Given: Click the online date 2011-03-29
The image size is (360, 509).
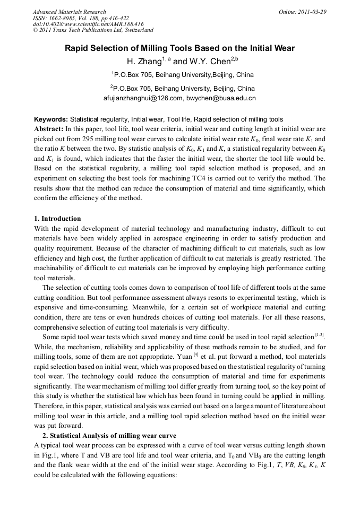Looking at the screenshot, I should coord(310,12).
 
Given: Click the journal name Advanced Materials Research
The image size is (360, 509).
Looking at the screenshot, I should coord(69,12).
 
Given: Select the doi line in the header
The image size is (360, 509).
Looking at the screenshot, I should coord(88,24).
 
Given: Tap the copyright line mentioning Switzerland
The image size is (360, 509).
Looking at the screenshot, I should coord(93,30).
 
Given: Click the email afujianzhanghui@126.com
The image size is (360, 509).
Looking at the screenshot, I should coord(143,98).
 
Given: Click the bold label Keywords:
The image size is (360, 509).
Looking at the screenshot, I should coord(51,119).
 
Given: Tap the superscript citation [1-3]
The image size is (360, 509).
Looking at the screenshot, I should coord(320,334).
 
